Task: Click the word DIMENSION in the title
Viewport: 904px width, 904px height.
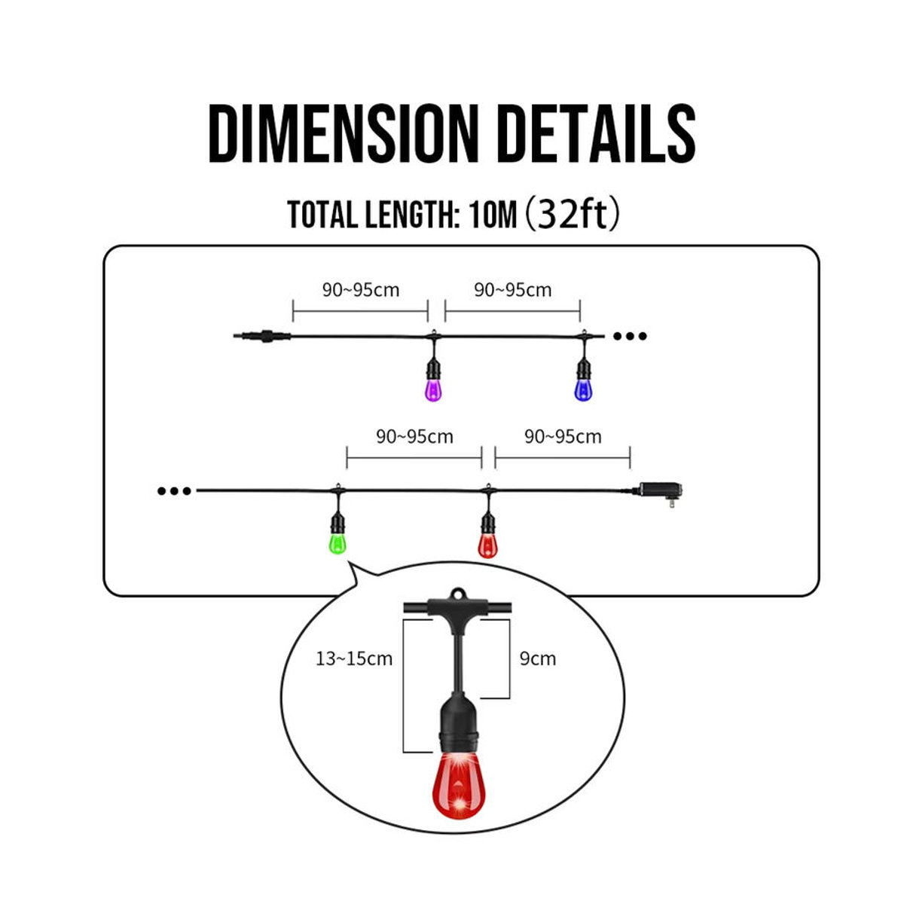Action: (344, 133)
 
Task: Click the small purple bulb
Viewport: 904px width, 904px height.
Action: (433, 389)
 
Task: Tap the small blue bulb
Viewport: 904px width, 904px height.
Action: (582, 389)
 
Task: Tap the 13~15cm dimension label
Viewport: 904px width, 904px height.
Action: (354, 658)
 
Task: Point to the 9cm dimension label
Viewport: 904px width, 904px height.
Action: (538, 658)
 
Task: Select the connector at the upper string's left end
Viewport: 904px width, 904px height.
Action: (261, 336)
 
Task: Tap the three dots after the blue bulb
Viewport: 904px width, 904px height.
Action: (630, 336)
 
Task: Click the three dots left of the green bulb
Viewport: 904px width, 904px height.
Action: (175, 491)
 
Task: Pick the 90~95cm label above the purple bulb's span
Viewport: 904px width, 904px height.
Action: (361, 290)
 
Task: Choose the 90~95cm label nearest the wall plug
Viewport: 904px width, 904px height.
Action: (563, 437)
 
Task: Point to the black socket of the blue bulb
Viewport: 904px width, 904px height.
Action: (582, 368)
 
